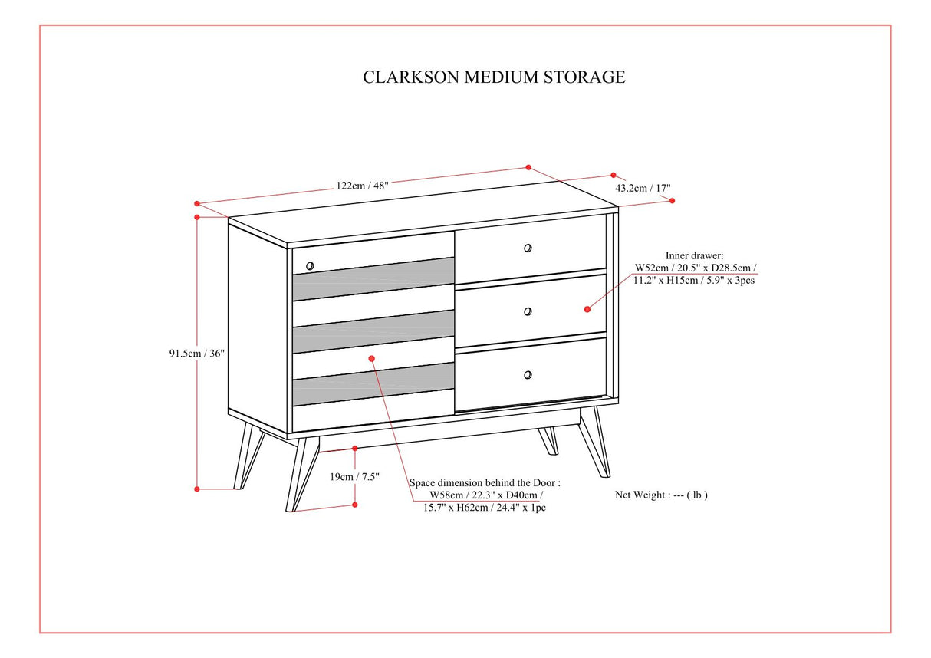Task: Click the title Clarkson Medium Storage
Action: coord(494,77)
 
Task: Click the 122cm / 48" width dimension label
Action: coord(362,185)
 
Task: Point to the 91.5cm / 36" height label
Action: coord(197,354)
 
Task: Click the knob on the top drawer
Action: coord(528,248)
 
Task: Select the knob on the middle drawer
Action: coord(528,311)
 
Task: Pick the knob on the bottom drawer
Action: coord(528,374)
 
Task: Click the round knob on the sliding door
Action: coord(310,266)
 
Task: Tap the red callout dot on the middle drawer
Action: coord(587,309)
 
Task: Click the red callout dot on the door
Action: coord(372,358)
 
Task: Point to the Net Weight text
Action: coord(661,495)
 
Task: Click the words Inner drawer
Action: coord(694,255)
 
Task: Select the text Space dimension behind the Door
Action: coord(485,482)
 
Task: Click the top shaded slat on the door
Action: coord(373,278)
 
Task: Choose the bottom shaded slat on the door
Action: coord(373,384)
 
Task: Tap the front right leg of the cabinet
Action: coord(595,443)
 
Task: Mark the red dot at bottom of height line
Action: coord(197,488)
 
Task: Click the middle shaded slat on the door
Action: coord(373,331)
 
